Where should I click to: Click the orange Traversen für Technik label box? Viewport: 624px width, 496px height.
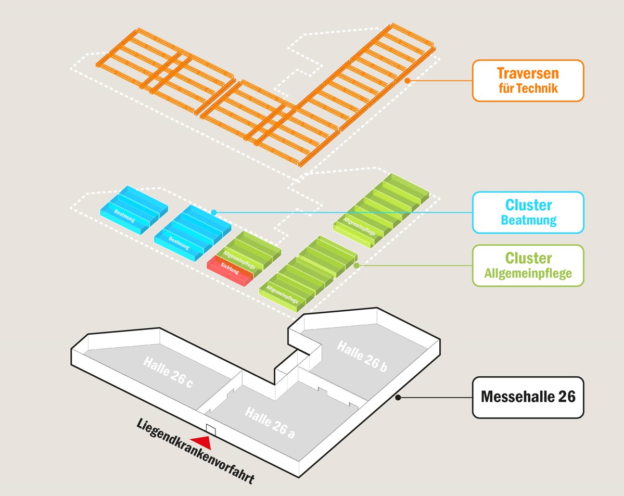528,81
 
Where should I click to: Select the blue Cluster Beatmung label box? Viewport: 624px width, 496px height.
528,212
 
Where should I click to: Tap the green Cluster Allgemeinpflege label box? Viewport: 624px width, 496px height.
528,265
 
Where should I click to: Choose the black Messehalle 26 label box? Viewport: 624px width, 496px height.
528,397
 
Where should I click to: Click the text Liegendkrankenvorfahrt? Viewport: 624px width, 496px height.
195,451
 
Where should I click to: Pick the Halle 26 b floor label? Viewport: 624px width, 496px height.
362,357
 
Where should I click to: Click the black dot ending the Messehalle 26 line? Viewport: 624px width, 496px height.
398,397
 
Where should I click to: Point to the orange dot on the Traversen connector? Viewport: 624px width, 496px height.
408,81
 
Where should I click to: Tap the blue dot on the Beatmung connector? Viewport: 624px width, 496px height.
214,212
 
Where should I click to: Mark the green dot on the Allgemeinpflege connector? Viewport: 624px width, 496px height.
356,265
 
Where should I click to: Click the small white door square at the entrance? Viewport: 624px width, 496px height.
211,428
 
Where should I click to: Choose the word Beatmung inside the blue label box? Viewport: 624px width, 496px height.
528,220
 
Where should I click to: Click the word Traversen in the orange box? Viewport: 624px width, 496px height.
528,73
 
